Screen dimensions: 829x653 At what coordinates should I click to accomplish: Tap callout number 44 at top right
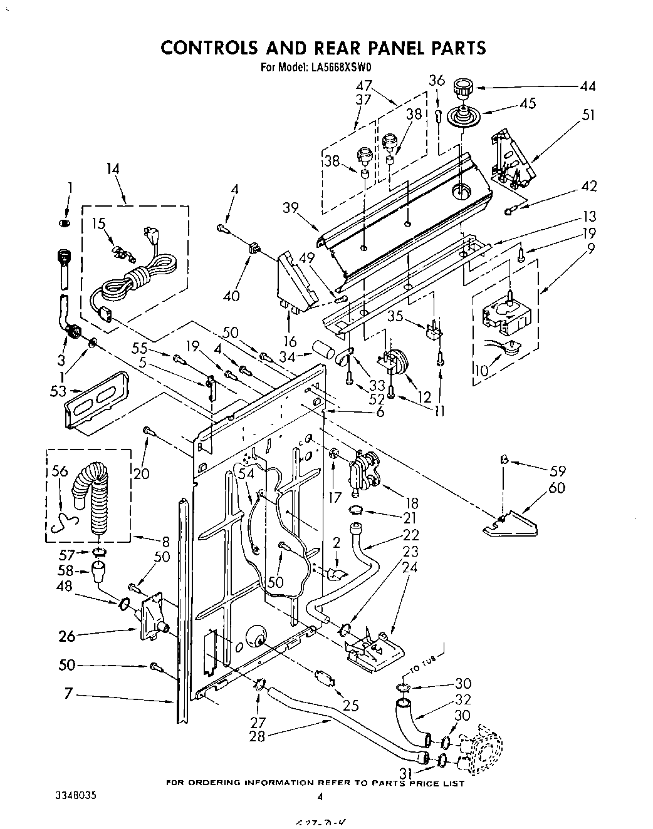click(588, 86)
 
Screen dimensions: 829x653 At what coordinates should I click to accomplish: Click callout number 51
click(588, 115)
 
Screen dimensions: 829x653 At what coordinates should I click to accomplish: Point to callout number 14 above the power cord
click(112, 168)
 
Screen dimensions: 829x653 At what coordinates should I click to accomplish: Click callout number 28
click(257, 736)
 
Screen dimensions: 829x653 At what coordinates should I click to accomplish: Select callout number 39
click(290, 209)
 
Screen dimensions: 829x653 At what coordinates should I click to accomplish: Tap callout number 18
click(412, 503)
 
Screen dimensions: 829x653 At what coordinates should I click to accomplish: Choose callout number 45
click(528, 103)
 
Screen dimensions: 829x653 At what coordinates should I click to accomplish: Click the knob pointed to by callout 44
click(463, 87)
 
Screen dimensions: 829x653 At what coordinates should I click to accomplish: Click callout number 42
click(588, 186)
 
